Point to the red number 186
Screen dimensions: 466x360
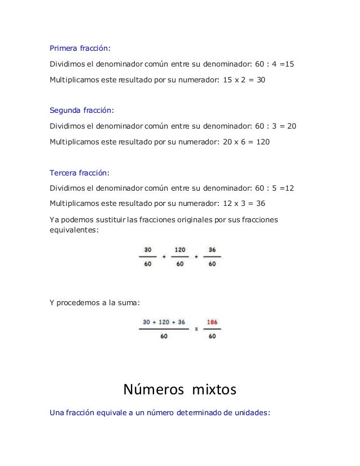[212, 323]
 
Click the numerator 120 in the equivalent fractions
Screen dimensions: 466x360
[180, 249]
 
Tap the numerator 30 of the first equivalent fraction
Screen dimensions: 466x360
[148, 249]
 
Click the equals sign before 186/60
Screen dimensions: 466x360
[196, 329]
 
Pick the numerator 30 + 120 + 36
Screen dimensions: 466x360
[164, 323]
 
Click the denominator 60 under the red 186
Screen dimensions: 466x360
[212, 337]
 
